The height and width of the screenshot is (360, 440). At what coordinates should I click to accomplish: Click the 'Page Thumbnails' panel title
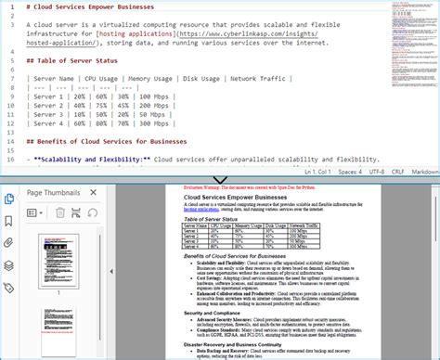click(x=53, y=193)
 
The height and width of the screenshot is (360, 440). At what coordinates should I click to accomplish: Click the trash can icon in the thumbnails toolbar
click(x=59, y=213)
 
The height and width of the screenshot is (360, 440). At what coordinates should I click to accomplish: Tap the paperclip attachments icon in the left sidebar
click(x=9, y=243)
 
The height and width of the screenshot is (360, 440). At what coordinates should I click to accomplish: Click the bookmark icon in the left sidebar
click(x=9, y=221)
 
